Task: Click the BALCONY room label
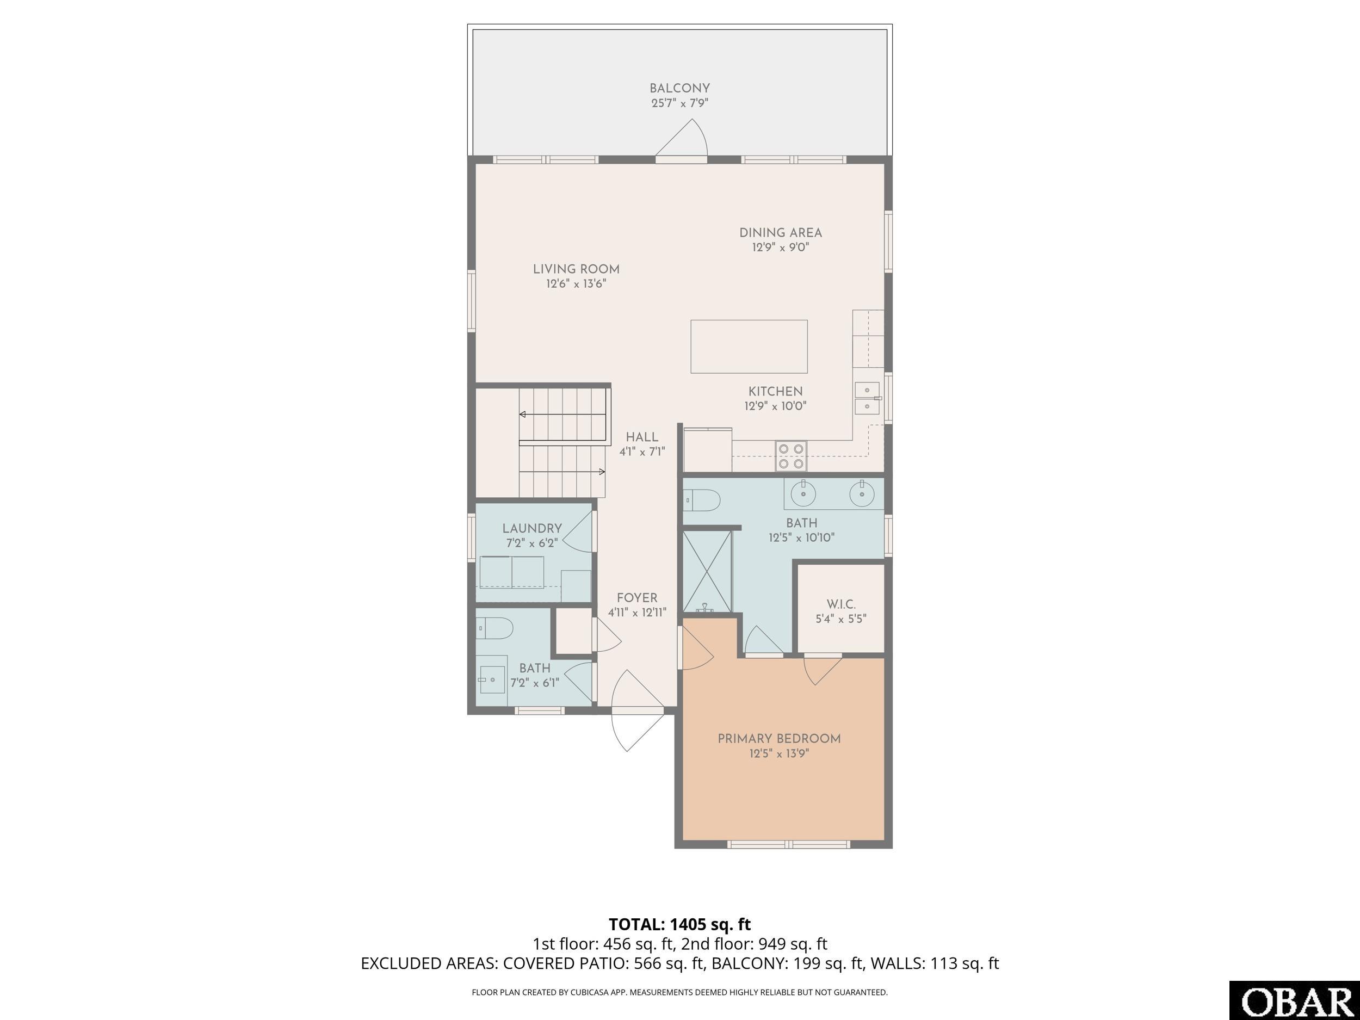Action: point(679,89)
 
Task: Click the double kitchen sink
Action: point(867,398)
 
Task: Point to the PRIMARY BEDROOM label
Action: point(779,739)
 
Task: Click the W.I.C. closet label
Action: point(840,604)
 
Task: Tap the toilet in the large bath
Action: point(703,500)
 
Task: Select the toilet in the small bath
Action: point(496,628)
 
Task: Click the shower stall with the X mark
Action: point(708,572)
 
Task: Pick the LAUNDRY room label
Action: point(532,528)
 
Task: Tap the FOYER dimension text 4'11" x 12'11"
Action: point(637,613)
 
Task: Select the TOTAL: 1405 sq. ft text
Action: point(679,924)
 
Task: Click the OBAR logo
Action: point(1294,1002)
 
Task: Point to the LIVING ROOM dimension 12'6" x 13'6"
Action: point(576,284)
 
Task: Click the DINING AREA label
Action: point(780,233)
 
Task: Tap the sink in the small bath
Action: point(491,680)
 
